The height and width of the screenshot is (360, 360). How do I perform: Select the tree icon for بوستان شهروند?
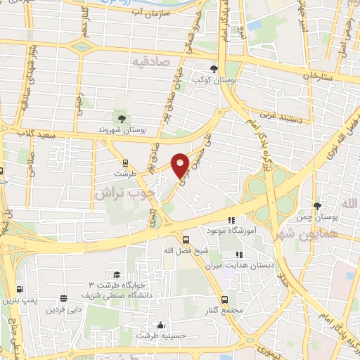(x=124, y=117)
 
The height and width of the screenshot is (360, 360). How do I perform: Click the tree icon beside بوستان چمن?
(x=319, y=206)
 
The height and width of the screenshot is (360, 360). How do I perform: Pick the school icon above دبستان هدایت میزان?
(x=238, y=255)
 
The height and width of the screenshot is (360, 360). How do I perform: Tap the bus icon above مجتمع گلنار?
(x=225, y=299)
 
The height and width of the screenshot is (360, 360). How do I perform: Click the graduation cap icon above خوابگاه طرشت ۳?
(x=116, y=275)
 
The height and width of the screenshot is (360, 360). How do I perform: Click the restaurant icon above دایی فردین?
(x=65, y=299)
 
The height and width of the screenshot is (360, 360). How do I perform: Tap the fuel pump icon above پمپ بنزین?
(x=19, y=288)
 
